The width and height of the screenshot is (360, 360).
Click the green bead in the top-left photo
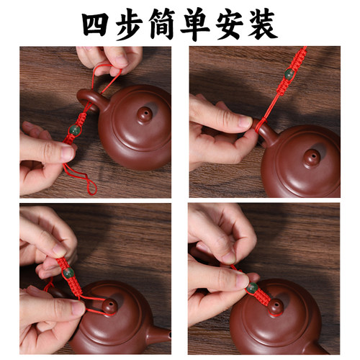pyautogui.click(x=73, y=130)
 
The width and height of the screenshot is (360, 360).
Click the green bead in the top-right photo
pyautogui.click(x=289, y=73)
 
